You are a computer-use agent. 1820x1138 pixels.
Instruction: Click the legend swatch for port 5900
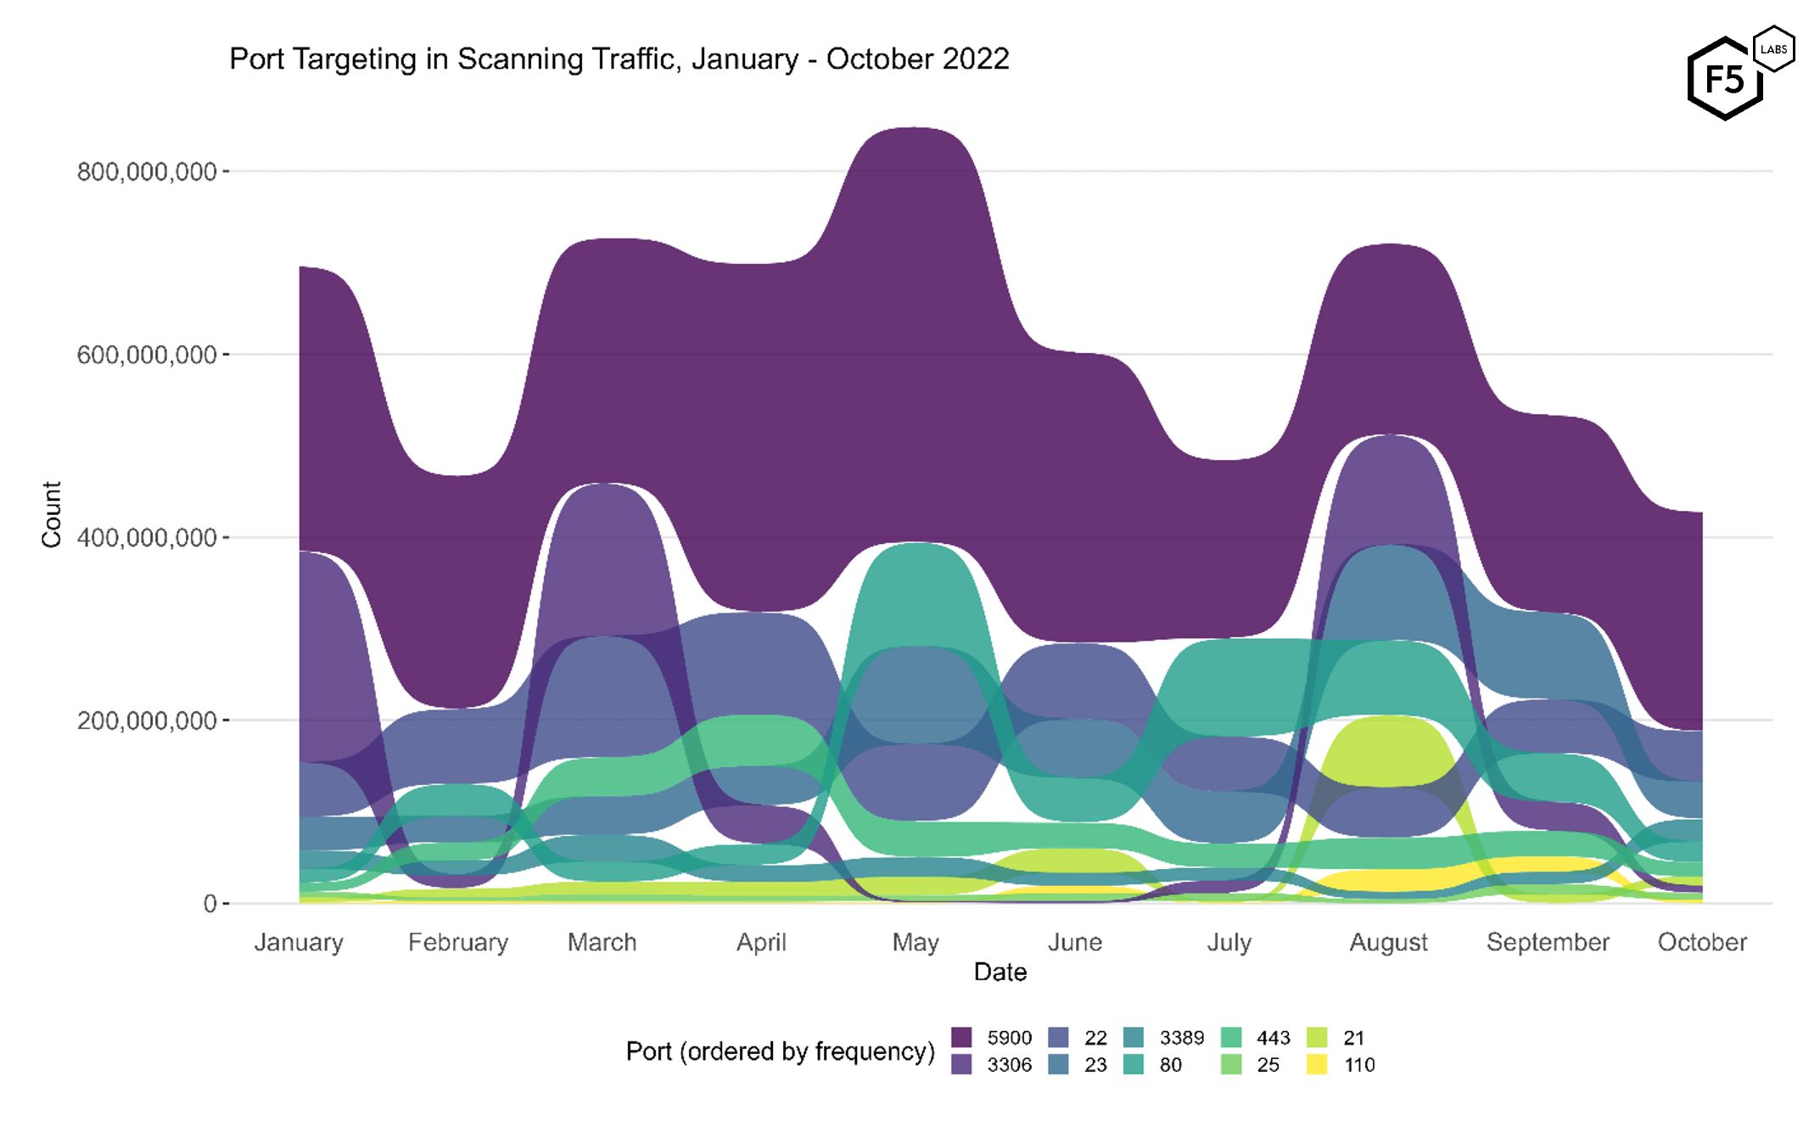pos(961,1037)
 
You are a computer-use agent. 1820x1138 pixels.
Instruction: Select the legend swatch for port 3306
pos(961,1064)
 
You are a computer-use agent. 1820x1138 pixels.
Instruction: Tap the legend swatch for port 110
pos(1317,1064)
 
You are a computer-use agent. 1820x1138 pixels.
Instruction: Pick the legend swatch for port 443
pos(1231,1037)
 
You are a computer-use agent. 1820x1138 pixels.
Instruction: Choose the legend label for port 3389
pos(1182,1037)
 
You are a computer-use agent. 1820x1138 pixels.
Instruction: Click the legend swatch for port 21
pos(1317,1037)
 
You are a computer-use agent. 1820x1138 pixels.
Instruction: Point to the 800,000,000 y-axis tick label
pos(147,171)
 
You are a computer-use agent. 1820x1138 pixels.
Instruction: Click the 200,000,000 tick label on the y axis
pos(147,720)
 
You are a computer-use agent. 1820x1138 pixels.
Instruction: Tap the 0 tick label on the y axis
pos(210,904)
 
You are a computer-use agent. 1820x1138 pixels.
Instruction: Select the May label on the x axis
pos(916,942)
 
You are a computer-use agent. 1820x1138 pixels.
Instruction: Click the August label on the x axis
pos(1388,942)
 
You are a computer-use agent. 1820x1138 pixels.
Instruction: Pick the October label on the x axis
pos(1701,942)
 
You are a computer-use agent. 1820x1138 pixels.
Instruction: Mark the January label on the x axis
pos(299,942)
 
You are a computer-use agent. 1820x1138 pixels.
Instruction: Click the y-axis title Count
pos(52,514)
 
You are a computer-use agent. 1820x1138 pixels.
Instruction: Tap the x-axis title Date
pos(1000,972)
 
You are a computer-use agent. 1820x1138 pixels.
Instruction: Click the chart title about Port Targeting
pos(619,59)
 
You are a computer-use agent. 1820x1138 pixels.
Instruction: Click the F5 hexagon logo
pos(1725,79)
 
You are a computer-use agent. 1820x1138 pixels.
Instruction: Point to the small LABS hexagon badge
pos(1773,49)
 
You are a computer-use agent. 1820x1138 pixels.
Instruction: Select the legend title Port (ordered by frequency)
pos(780,1051)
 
